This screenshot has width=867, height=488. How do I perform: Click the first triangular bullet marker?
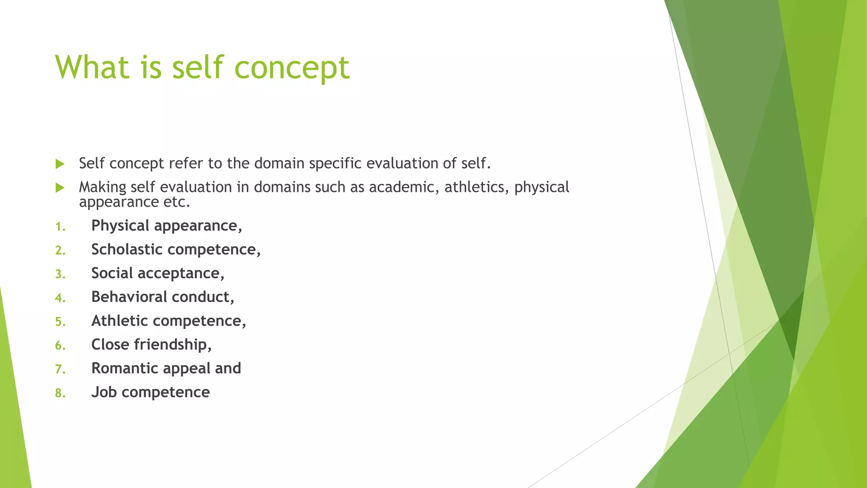click(60, 164)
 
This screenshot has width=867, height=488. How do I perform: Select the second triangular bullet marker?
click(60, 188)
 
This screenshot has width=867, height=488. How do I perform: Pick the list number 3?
click(60, 274)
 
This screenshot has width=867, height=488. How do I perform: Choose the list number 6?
click(60, 346)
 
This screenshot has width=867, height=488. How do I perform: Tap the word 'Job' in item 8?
click(104, 392)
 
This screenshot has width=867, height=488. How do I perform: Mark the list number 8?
click(60, 394)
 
